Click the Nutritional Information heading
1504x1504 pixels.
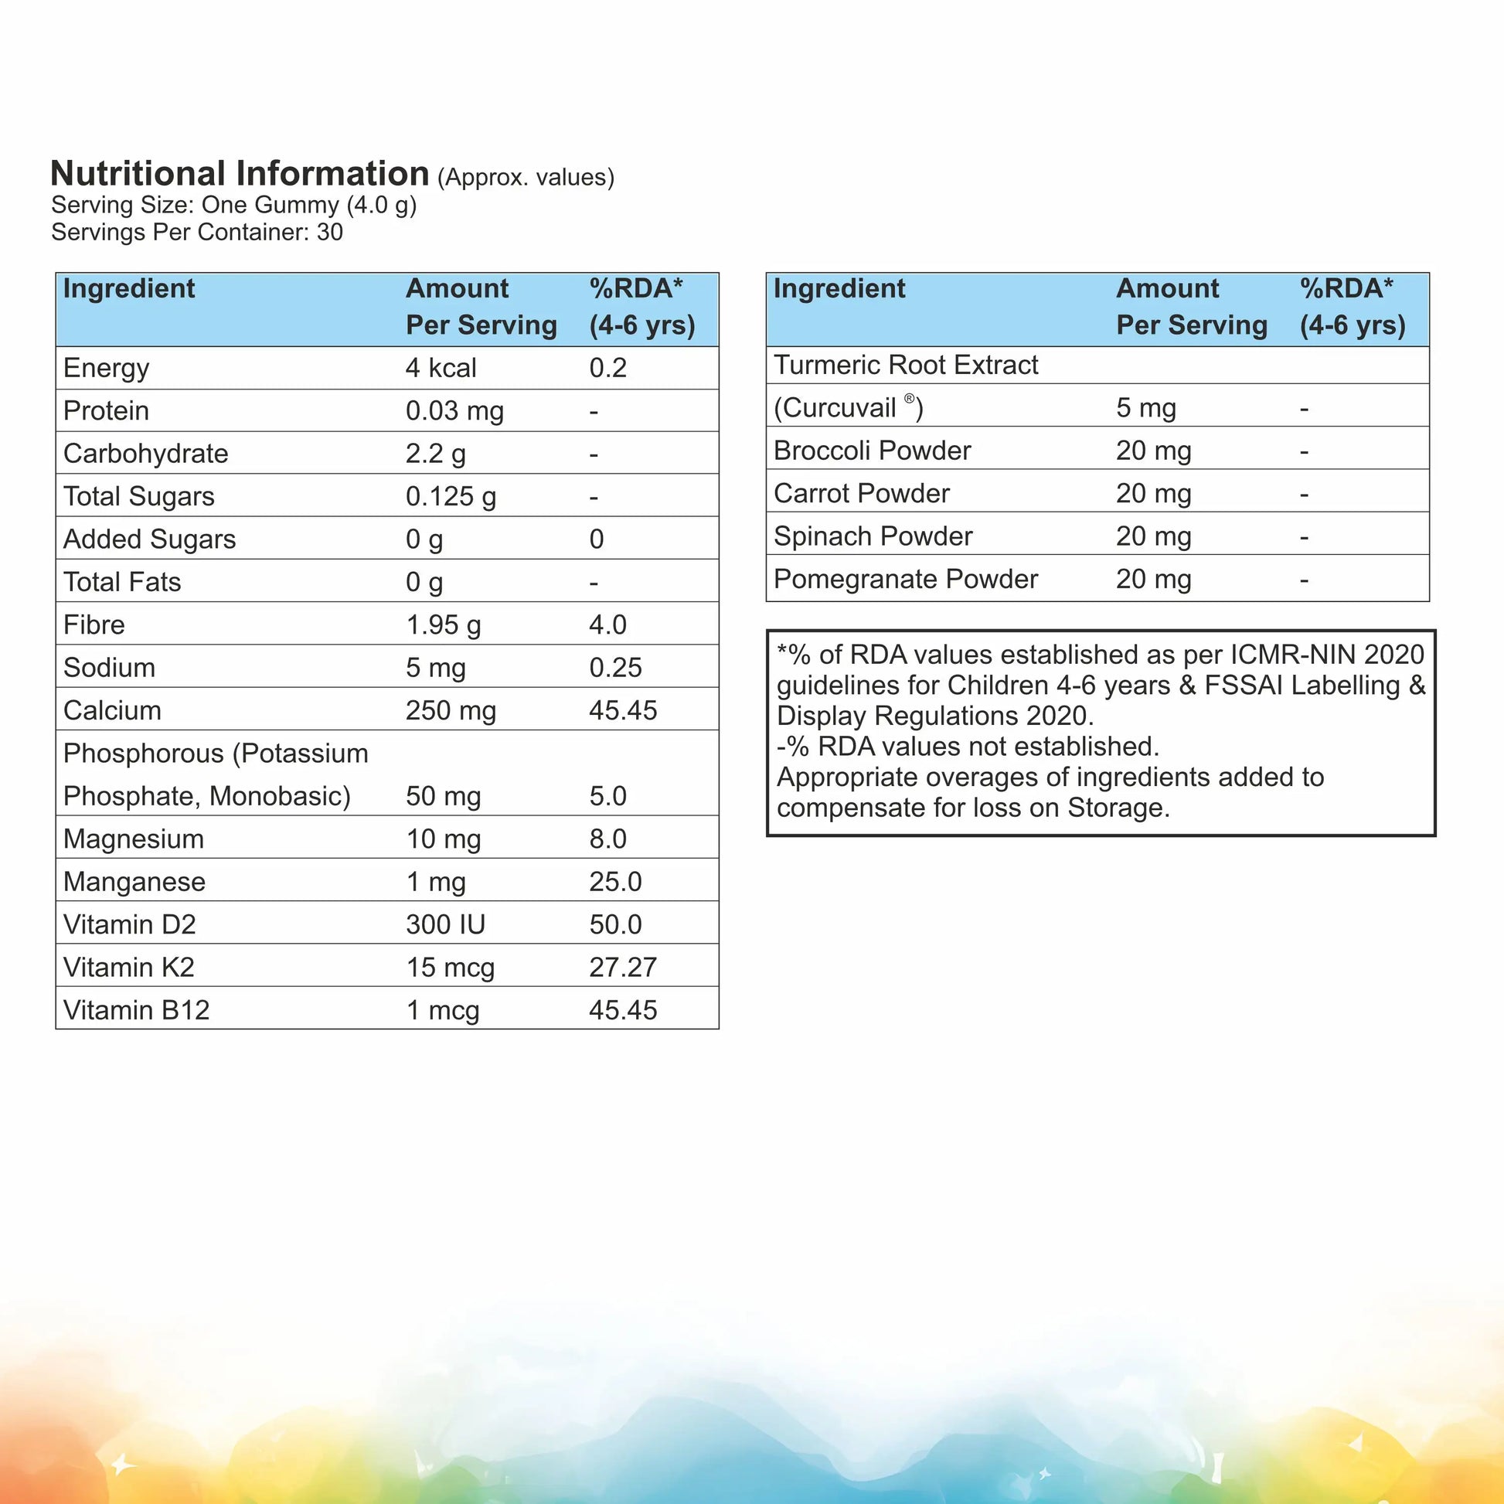(x=239, y=174)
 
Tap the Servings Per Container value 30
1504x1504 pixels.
(x=329, y=232)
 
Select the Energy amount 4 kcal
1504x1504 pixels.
(x=441, y=368)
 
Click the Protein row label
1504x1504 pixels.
(x=106, y=411)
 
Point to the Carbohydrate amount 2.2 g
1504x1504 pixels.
(x=435, y=454)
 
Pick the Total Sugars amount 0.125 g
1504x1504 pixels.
(x=451, y=497)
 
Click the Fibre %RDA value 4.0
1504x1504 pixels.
(x=607, y=625)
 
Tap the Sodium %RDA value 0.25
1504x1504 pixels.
(x=615, y=668)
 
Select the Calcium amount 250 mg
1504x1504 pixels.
(x=451, y=711)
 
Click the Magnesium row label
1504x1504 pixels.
(x=133, y=839)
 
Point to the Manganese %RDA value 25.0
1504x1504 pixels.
(x=615, y=882)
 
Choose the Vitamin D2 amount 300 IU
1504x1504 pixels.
(x=445, y=925)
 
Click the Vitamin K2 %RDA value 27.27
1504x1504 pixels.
(x=623, y=968)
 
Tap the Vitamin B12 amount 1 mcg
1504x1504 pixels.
(x=442, y=1010)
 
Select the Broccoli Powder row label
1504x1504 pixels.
(x=872, y=451)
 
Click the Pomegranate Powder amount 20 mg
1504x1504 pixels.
(x=1154, y=579)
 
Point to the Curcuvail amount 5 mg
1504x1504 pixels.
(x=1146, y=408)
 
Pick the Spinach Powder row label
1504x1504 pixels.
(x=873, y=536)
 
